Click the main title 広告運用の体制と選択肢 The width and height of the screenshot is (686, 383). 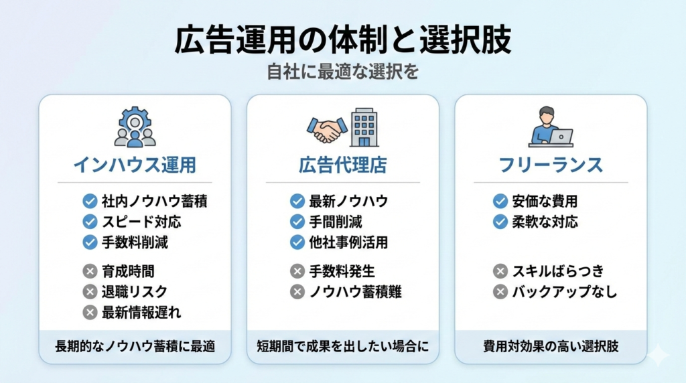click(x=342, y=40)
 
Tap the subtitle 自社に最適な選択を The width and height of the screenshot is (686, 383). click(x=342, y=72)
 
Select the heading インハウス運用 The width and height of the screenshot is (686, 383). click(x=135, y=165)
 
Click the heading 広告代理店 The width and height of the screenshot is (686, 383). click(x=342, y=165)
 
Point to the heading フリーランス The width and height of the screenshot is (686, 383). click(x=551, y=165)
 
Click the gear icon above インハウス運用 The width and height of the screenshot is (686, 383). click(x=135, y=120)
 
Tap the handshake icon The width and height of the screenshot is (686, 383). click(x=327, y=130)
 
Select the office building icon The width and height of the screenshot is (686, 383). click(x=364, y=127)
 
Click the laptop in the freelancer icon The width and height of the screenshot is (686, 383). click(x=561, y=137)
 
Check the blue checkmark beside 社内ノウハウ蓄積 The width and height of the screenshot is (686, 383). click(x=90, y=201)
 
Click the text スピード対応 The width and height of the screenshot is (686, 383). click(x=141, y=222)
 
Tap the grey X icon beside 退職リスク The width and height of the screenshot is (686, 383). click(x=90, y=292)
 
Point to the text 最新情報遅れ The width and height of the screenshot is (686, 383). click(x=141, y=312)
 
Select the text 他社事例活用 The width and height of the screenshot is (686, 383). click(x=348, y=242)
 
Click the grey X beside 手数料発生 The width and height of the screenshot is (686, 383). click(x=297, y=271)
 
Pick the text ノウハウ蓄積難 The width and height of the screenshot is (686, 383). click(x=355, y=292)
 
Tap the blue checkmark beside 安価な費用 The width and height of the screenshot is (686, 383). click(x=500, y=201)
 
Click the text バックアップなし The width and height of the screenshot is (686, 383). click(x=564, y=292)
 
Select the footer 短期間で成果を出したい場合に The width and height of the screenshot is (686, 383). click(x=342, y=346)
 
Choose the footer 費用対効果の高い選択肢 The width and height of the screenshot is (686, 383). click(x=551, y=346)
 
